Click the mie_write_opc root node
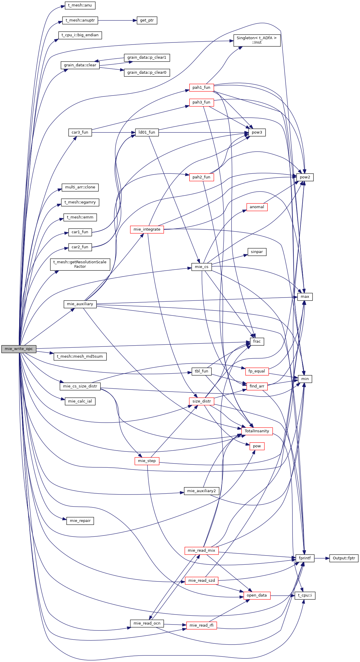(19, 349)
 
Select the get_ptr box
(147, 20)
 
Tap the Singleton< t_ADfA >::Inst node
(257, 40)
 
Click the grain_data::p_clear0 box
(147, 73)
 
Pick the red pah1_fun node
(201, 88)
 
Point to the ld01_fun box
(147, 132)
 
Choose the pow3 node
(257, 132)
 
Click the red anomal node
(257, 207)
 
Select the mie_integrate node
(147, 229)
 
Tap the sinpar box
(257, 252)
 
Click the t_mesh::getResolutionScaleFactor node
(80, 264)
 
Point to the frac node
(257, 341)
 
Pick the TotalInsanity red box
(257, 431)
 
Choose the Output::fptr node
(344, 558)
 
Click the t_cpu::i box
(305, 595)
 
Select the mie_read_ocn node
(147, 623)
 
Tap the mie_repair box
(80, 521)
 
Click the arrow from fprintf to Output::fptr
(322, 558)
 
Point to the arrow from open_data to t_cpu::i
(282, 595)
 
